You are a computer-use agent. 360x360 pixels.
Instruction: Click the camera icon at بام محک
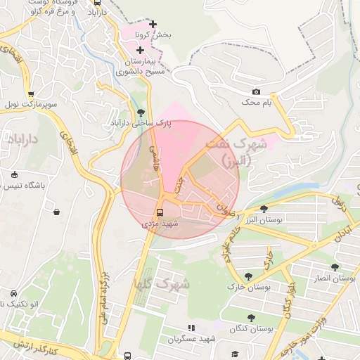tap(256, 92)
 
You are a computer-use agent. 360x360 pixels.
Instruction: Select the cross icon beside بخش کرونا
tap(153, 25)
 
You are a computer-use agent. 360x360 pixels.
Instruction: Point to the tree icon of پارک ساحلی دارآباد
tap(141, 112)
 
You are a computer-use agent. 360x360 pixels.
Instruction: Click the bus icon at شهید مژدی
tap(160, 212)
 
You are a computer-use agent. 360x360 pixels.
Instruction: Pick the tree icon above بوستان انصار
tap(334, 266)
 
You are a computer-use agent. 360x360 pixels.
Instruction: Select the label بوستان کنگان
tap(250, 328)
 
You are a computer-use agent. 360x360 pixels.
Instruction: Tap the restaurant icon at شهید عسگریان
tap(190, 328)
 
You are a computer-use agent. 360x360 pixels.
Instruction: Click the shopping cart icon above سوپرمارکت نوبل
tap(30, 94)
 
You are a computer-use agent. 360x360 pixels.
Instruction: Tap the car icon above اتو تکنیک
tap(13, 293)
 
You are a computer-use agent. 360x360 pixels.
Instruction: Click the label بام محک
tap(256, 103)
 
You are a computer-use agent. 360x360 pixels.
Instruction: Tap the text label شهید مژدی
tap(161, 223)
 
